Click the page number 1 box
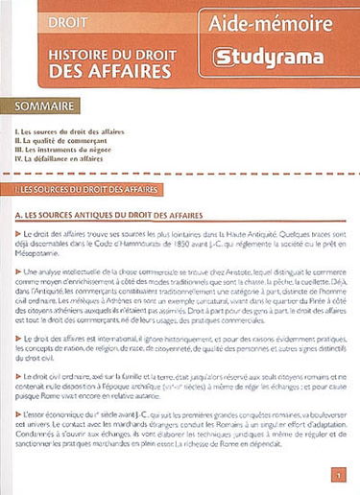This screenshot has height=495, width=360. [x=337, y=474]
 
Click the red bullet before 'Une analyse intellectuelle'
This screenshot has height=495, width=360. [x=20, y=272]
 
